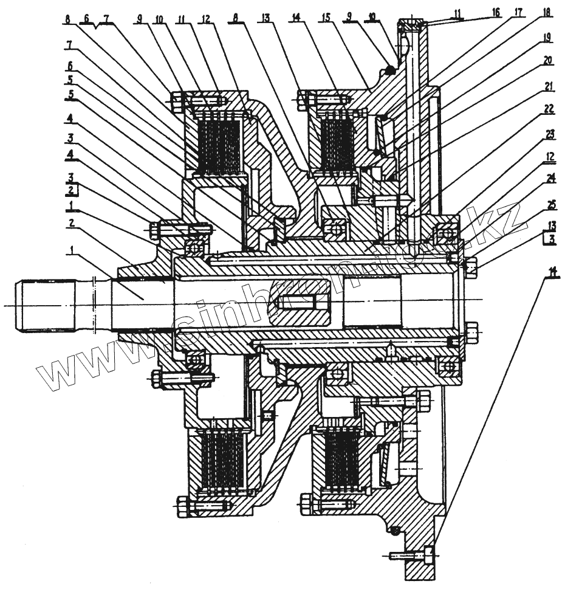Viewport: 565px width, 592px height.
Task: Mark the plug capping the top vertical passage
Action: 413,24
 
